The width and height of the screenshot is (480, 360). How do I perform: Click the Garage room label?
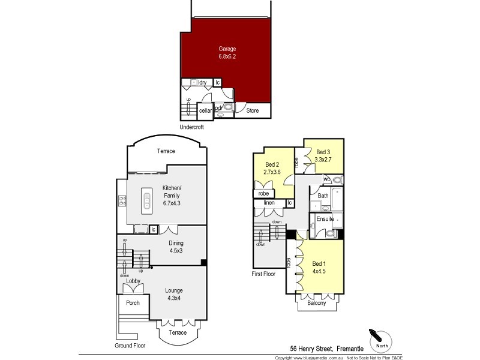tap(227, 49)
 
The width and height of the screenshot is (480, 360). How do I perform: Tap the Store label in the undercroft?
tap(253, 110)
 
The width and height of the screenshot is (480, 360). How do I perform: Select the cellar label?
tap(205, 110)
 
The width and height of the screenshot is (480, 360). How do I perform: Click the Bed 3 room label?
tap(323, 152)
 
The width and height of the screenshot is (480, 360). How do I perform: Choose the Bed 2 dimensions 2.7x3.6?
tap(272, 172)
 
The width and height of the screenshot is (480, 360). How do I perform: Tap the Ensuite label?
tap(325, 219)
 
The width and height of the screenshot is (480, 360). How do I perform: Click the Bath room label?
tap(323, 196)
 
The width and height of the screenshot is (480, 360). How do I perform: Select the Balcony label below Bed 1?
tap(316, 303)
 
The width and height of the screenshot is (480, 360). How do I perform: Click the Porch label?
tap(133, 303)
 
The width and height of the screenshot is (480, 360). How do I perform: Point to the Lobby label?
tap(133, 281)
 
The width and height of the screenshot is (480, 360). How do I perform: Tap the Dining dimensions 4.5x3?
tap(175, 250)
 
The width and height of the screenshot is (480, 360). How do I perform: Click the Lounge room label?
tap(174, 290)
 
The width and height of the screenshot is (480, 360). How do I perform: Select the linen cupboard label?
tap(269, 203)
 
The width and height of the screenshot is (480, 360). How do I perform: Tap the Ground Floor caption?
tap(130, 346)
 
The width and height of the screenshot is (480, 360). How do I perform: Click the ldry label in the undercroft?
tap(202, 83)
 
